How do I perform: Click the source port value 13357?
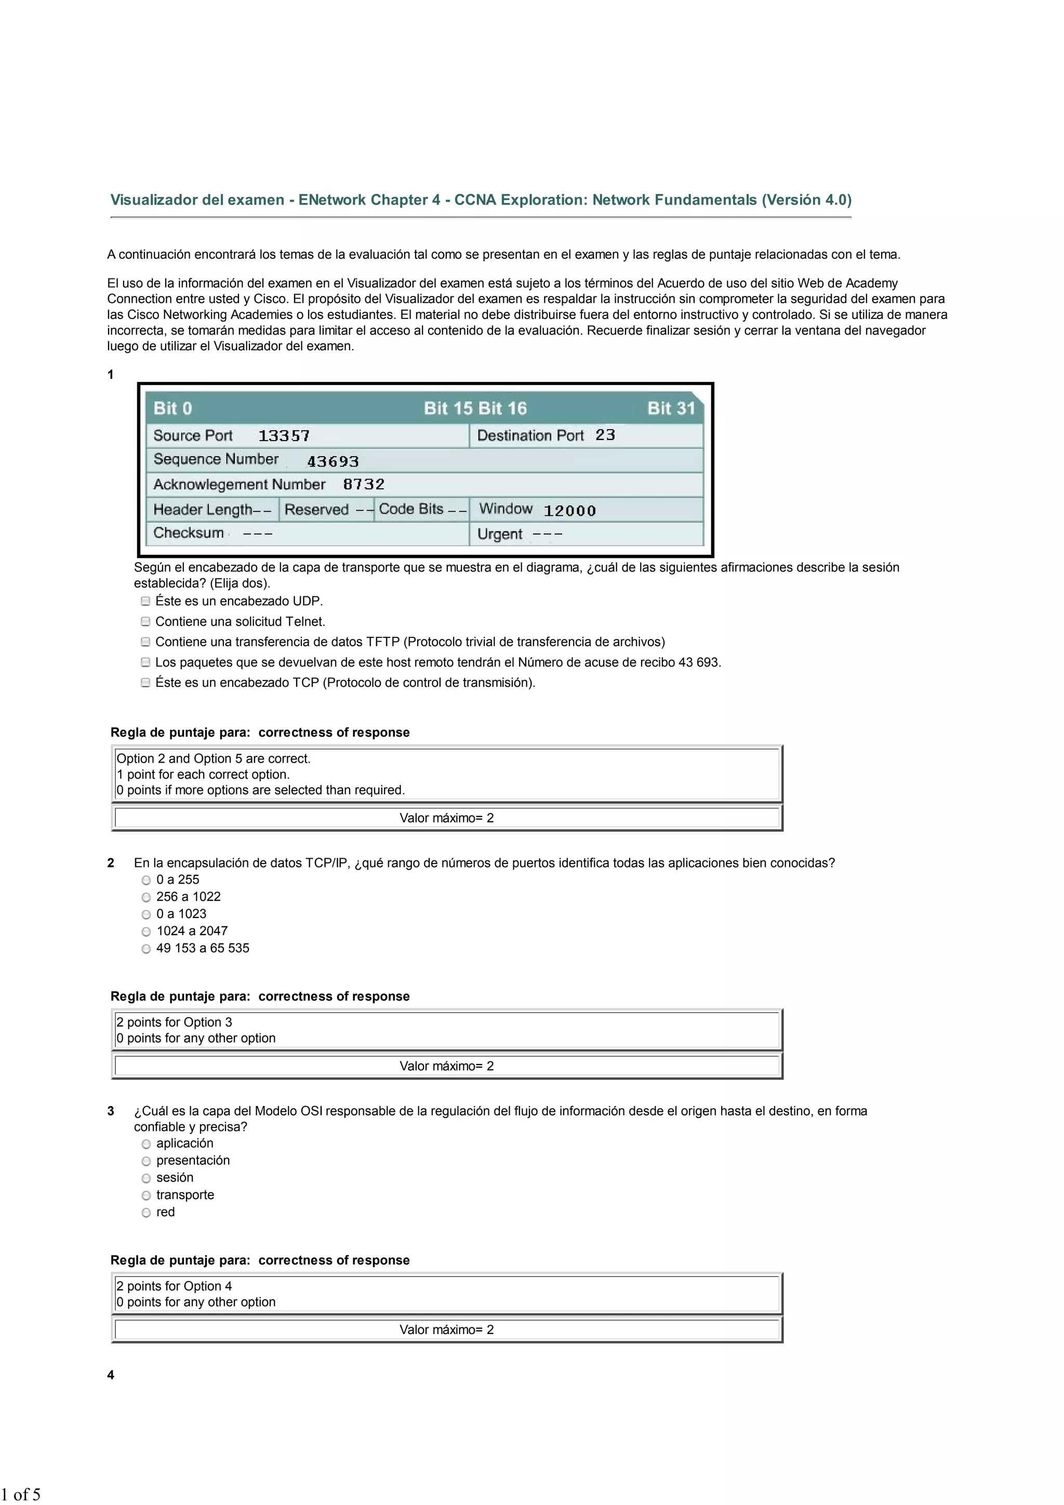(283, 436)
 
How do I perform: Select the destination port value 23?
(605, 435)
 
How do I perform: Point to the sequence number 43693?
(332, 461)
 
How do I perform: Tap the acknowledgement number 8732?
(363, 484)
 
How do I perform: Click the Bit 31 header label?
(671, 408)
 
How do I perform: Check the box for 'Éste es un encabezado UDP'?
(145, 601)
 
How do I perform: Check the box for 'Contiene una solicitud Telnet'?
(145, 621)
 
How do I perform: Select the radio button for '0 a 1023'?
(146, 914)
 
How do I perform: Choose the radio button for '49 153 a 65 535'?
(146, 949)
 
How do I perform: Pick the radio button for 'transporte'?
(146, 1195)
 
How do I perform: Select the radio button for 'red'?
(146, 1213)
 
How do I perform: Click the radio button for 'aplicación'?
(146, 1144)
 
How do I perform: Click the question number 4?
(111, 1375)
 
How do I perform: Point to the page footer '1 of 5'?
(21, 1494)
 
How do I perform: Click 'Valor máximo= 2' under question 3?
(446, 1329)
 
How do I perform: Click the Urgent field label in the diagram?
(500, 534)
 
